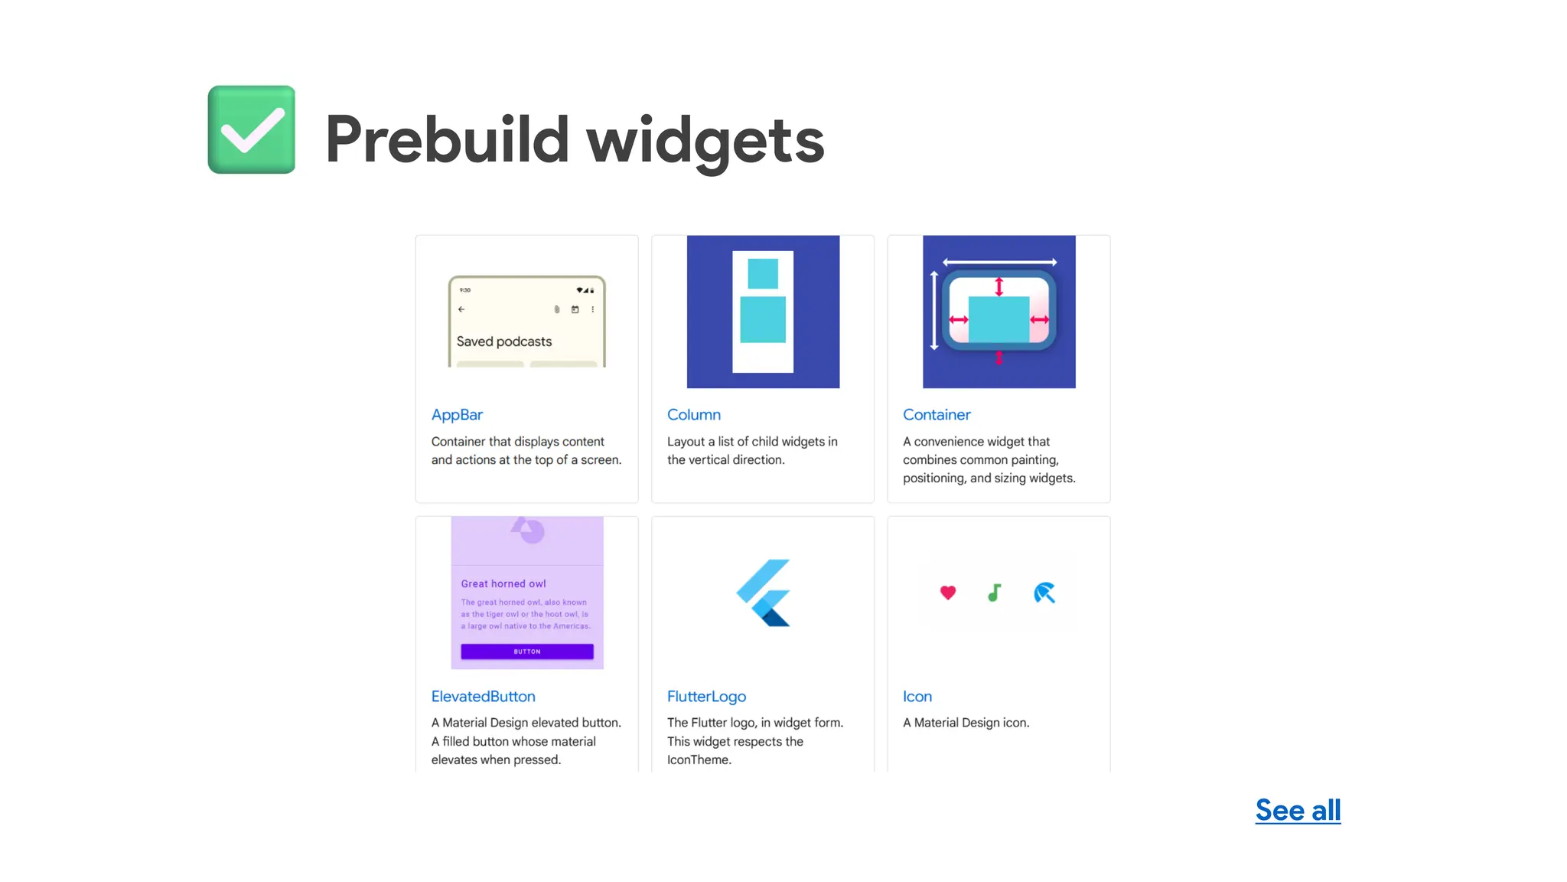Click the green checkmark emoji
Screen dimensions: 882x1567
click(252, 129)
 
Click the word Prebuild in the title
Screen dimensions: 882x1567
click(447, 139)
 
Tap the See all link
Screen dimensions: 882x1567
click(1298, 810)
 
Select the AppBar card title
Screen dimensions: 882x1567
click(457, 414)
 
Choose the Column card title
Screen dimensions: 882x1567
click(693, 414)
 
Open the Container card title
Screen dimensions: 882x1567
click(936, 414)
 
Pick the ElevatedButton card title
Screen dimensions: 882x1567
click(483, 696)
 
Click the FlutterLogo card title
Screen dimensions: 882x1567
click(706, 696)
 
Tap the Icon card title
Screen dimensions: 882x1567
click(917, 696)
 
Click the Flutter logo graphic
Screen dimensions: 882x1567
click(764, 593)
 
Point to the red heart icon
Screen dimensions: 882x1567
click(948, 593)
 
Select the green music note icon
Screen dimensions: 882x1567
click(994, 593)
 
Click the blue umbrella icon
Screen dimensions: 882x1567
click(1044, 593)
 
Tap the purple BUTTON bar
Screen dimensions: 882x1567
click(527, 652)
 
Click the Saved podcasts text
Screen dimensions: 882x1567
click(504, 341)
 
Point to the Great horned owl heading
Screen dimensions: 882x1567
click(503, 583)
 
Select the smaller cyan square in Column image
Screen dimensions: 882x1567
click(763, 273)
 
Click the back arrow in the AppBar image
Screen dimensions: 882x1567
click(461, 309)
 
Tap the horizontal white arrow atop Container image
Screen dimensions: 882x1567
click(999, 262)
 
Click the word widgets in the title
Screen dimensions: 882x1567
click(705, 139)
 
